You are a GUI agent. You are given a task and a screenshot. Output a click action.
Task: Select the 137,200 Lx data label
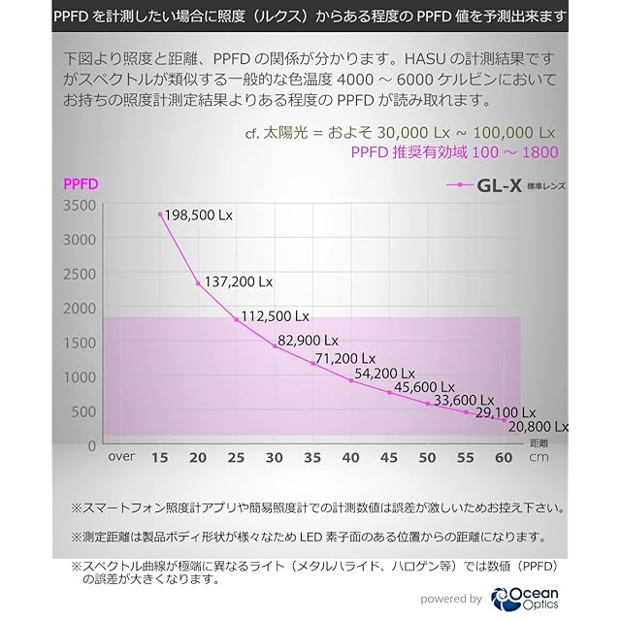pyautogui.click(x=238, y=282)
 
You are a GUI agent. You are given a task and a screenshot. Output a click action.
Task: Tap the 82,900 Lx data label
pyautogui.click(x=308, y=341)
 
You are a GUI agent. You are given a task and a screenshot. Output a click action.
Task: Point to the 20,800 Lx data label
pyautogui.click(x=537, y=426)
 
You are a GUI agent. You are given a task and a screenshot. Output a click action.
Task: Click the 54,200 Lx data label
pyautogui.click(x=387, y=373)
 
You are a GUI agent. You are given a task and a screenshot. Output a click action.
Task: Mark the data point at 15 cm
pyautogui.click(x=159, y=214)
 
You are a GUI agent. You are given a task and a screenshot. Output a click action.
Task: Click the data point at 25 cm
pyautogui.click(x=237, y=320)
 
